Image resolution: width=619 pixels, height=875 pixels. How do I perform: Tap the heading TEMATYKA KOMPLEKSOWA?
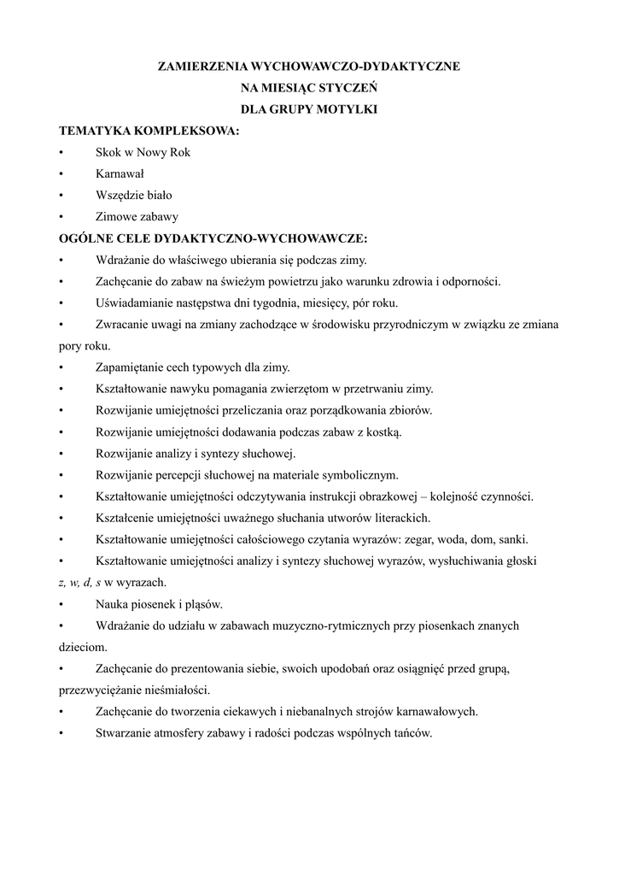tap(149, 131)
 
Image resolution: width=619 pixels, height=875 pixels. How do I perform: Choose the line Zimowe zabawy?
tap(137, 216)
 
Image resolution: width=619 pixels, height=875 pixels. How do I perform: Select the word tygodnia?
tap(287, 302)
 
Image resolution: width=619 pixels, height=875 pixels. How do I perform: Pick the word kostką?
tap(383, 432)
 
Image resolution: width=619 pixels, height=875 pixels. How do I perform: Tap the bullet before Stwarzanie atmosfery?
tap(61, 733)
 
